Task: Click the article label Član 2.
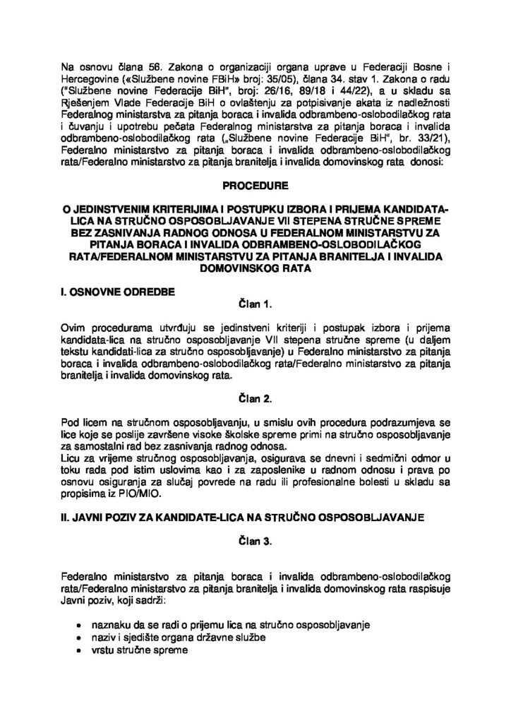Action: [255, 398]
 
